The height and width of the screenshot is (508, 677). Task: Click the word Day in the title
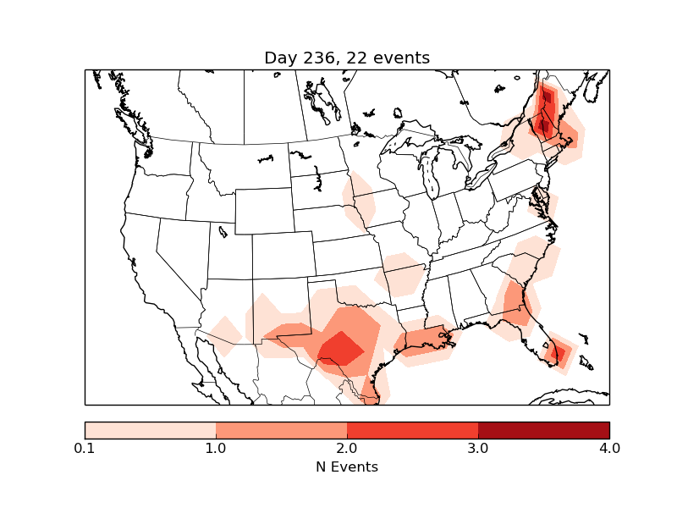[280, 58]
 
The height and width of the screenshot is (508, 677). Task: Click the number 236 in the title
[321, 58]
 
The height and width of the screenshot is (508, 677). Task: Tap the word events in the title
[403, 58]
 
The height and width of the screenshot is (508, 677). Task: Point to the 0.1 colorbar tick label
[85, 448]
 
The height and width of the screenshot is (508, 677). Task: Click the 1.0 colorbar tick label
[216, 448]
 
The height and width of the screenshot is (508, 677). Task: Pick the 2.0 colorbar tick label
[347, 448]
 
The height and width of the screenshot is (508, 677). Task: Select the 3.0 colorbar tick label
[478, 448]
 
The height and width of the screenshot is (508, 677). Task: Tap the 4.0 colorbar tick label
[609, 448]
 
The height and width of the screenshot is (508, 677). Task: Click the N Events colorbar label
[347, 467]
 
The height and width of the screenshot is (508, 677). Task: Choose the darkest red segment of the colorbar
[543, 429]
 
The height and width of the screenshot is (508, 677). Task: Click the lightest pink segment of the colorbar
[150, 429]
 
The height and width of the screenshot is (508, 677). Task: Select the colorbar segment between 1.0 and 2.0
[281, 429]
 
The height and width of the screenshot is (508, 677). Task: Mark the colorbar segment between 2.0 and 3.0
[412, 429]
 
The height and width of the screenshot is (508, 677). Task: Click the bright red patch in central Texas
[339, 347]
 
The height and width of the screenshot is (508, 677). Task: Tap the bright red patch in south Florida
[559, 351]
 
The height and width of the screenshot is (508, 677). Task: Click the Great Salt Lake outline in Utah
[222, 229]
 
